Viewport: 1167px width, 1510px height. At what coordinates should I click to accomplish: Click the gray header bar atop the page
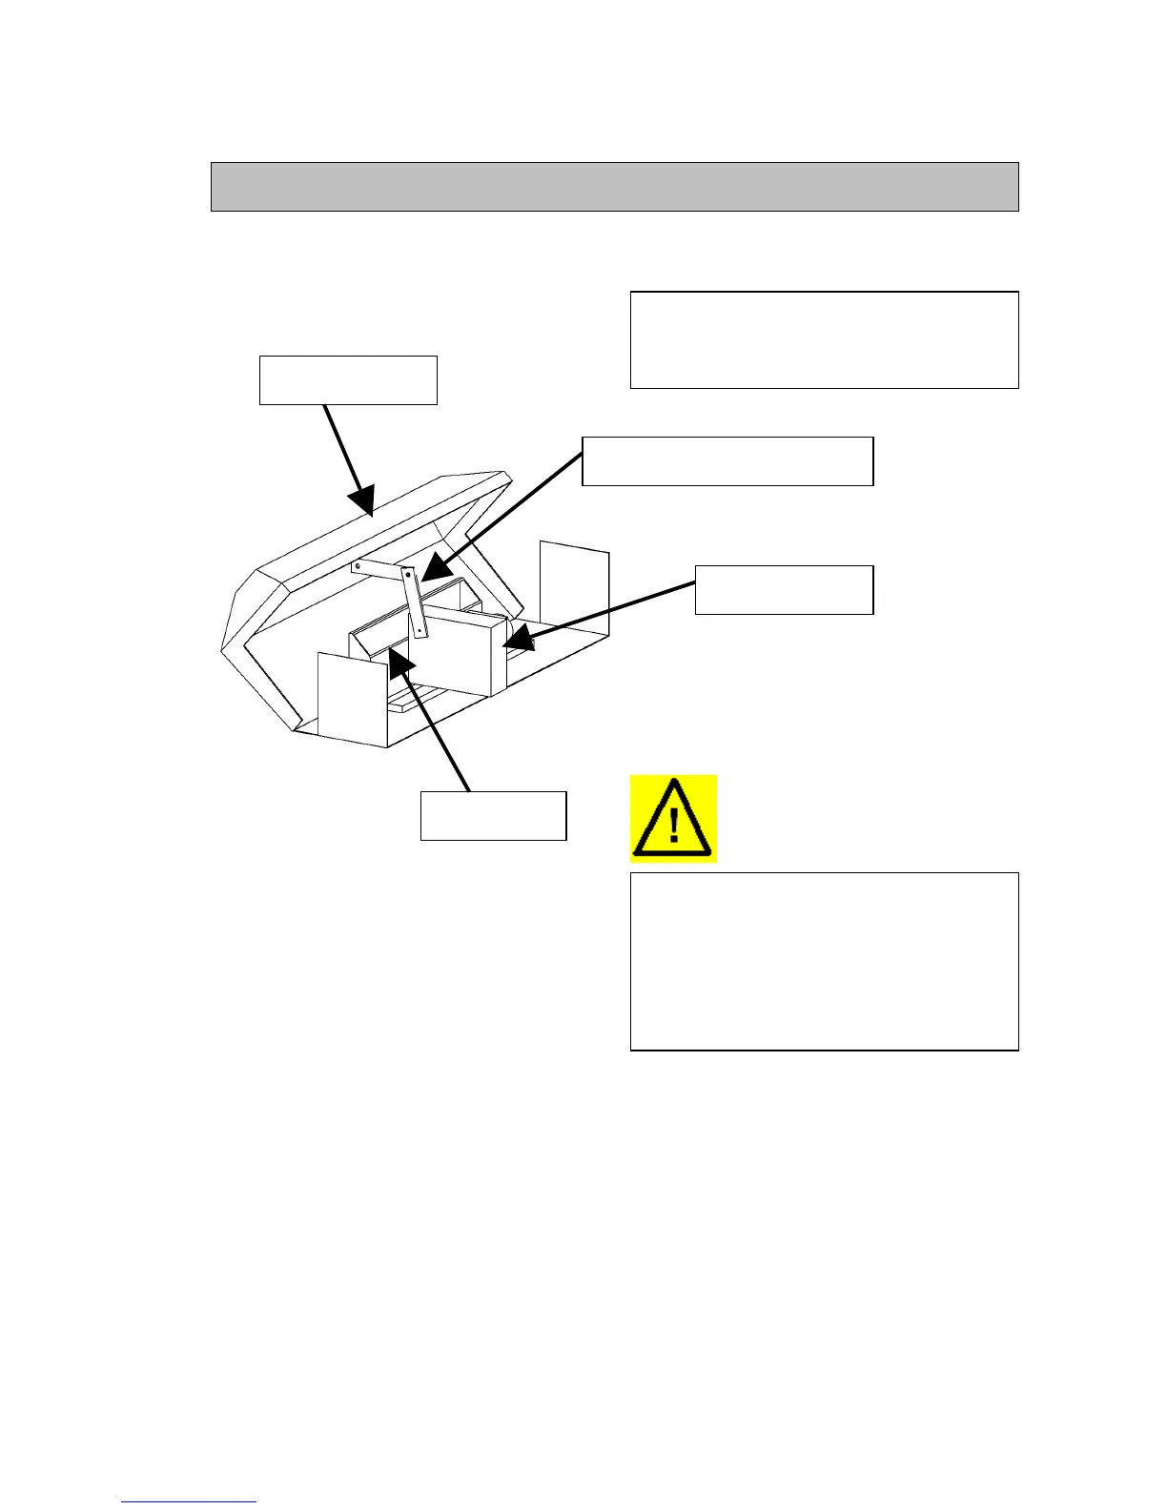[614, 186]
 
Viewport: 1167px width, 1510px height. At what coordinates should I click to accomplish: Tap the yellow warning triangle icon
[673, 819]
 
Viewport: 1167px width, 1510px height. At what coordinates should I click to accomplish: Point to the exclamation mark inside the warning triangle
[674, 825]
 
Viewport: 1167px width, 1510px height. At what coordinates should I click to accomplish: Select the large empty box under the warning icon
[824, 961]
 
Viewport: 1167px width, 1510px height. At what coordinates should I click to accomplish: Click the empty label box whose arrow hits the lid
[348, 380]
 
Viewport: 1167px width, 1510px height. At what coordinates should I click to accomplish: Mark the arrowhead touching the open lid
[363, 501]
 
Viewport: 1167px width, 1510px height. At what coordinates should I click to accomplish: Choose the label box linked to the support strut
[727, 461]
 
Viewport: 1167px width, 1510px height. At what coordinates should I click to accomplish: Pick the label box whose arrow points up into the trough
[493, 816]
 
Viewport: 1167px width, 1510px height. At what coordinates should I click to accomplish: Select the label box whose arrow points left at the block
[784, 589]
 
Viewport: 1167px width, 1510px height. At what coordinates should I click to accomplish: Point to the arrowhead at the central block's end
[515, 642]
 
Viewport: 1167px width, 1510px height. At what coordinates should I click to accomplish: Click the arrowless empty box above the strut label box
[824, 340]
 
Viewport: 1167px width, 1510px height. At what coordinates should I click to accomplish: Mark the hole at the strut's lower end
[420, 629]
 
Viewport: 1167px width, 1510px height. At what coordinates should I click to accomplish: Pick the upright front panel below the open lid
[351, 699]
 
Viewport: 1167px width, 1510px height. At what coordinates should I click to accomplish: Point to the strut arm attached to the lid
[379, 569]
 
